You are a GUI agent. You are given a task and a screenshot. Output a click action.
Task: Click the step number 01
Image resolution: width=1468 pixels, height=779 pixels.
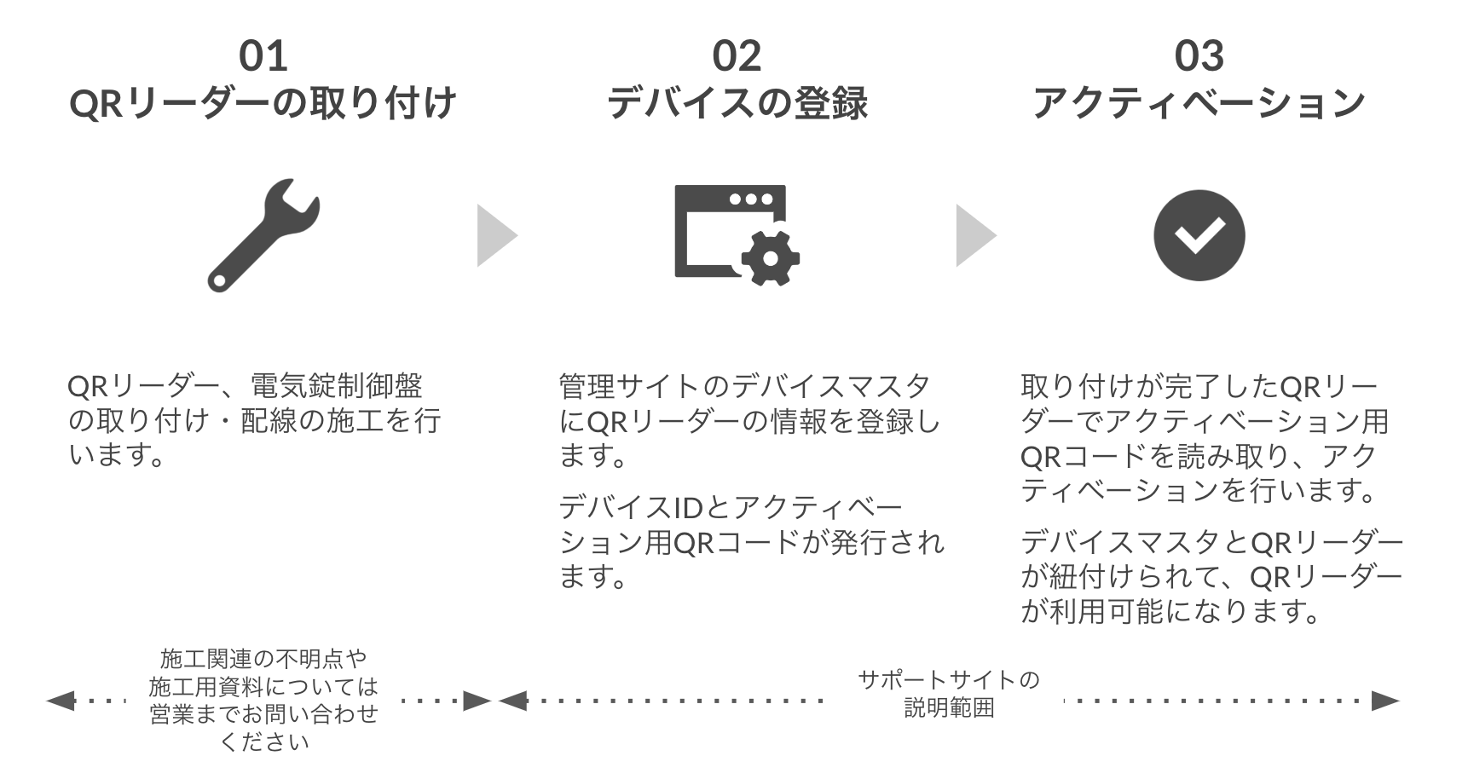[x=263, y=56]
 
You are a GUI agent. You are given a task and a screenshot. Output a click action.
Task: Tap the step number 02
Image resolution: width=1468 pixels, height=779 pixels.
[x=737, y=56]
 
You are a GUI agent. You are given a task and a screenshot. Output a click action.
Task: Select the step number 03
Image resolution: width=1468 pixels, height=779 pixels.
[x=1199, y=56]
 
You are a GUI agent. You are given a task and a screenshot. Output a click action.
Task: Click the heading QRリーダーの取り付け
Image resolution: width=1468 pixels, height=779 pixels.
[x=263, y=103]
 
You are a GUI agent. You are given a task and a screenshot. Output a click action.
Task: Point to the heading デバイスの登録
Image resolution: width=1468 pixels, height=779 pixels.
[x=737, y=103]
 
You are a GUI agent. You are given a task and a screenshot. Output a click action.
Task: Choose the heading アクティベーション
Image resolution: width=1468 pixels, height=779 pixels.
[x=1199, y=103]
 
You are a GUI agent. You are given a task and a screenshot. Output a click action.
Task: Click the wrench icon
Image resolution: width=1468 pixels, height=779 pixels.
[x=263, y=235]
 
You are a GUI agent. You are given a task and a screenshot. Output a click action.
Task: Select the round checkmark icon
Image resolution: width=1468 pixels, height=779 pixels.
[x=1199, y=235]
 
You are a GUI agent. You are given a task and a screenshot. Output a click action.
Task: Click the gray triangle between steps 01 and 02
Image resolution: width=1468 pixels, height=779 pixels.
[x=494, y=235]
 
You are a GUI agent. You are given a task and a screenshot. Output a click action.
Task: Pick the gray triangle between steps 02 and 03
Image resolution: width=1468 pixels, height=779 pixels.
[x=974, y=235]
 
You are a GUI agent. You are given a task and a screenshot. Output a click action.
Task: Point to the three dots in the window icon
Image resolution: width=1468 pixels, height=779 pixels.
[x=750, y=199]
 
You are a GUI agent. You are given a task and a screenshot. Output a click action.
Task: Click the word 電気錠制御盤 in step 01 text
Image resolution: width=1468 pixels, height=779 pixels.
[x=336, y=386]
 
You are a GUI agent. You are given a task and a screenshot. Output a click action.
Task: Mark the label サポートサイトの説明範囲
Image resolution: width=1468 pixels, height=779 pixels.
[x=948, y=693]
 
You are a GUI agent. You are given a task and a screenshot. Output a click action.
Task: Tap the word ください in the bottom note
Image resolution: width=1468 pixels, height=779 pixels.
[x=263, y=741]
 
